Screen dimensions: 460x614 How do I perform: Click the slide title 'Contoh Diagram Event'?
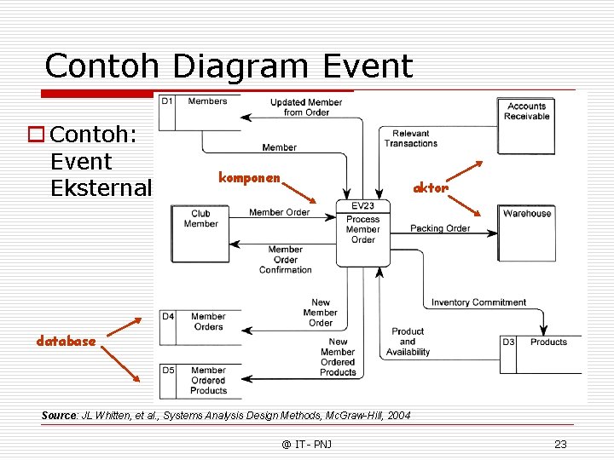229,66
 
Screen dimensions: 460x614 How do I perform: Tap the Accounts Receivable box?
526,125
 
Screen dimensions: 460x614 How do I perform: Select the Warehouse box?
527,232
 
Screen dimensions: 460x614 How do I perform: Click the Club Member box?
200,232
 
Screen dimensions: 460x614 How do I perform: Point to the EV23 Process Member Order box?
363,233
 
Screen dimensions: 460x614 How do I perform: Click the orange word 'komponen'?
249,178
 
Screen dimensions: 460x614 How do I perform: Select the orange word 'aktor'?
431,187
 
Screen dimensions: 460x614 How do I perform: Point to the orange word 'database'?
66,341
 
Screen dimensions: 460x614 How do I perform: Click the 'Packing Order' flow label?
440,228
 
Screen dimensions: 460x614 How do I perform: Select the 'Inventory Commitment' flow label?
478,302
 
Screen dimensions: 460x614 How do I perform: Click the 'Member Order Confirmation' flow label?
286,260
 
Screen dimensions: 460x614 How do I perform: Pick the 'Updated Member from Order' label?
306,107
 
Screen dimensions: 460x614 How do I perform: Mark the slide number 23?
560,444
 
